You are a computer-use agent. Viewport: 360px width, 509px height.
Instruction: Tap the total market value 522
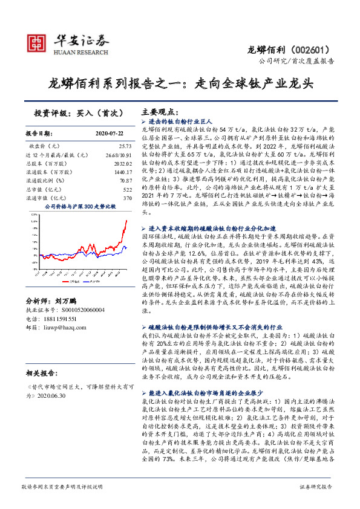coord(127,189)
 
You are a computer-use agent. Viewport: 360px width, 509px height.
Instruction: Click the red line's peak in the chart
coord(126,220)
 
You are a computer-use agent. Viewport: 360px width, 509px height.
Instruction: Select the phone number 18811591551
coord(59,318)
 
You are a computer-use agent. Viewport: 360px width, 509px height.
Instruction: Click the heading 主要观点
coord(159,112)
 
